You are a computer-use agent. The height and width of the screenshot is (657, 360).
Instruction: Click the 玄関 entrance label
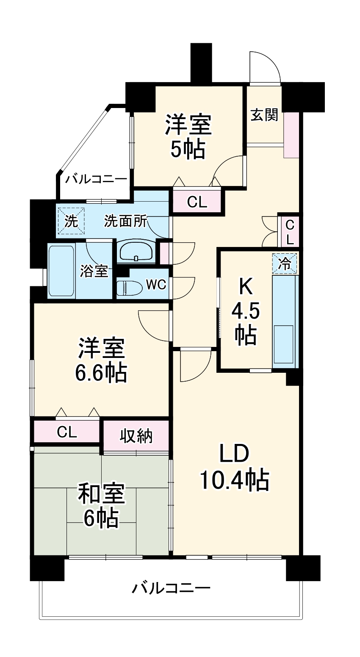tap(264, 115)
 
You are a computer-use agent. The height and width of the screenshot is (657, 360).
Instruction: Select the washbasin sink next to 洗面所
tap(136, 252)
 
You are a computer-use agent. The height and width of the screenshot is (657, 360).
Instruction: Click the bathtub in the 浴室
tap(61, 271)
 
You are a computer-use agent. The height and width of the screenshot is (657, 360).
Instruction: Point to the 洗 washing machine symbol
tap(71, 221)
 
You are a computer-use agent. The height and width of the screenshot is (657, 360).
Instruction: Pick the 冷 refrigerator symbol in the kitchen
tap(285, 264)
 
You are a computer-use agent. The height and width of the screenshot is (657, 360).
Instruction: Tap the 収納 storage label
tap(136, 435)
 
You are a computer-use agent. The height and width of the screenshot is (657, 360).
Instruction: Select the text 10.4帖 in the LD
tap(234, 480)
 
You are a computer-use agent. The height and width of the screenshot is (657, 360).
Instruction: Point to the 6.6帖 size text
tap(101, 373)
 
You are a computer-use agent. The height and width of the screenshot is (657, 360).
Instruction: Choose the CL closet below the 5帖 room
tap(197, 202)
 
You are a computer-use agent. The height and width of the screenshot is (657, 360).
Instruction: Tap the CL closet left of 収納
tap(67, 432)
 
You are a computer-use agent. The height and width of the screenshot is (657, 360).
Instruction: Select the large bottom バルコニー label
tap(171, 588)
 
